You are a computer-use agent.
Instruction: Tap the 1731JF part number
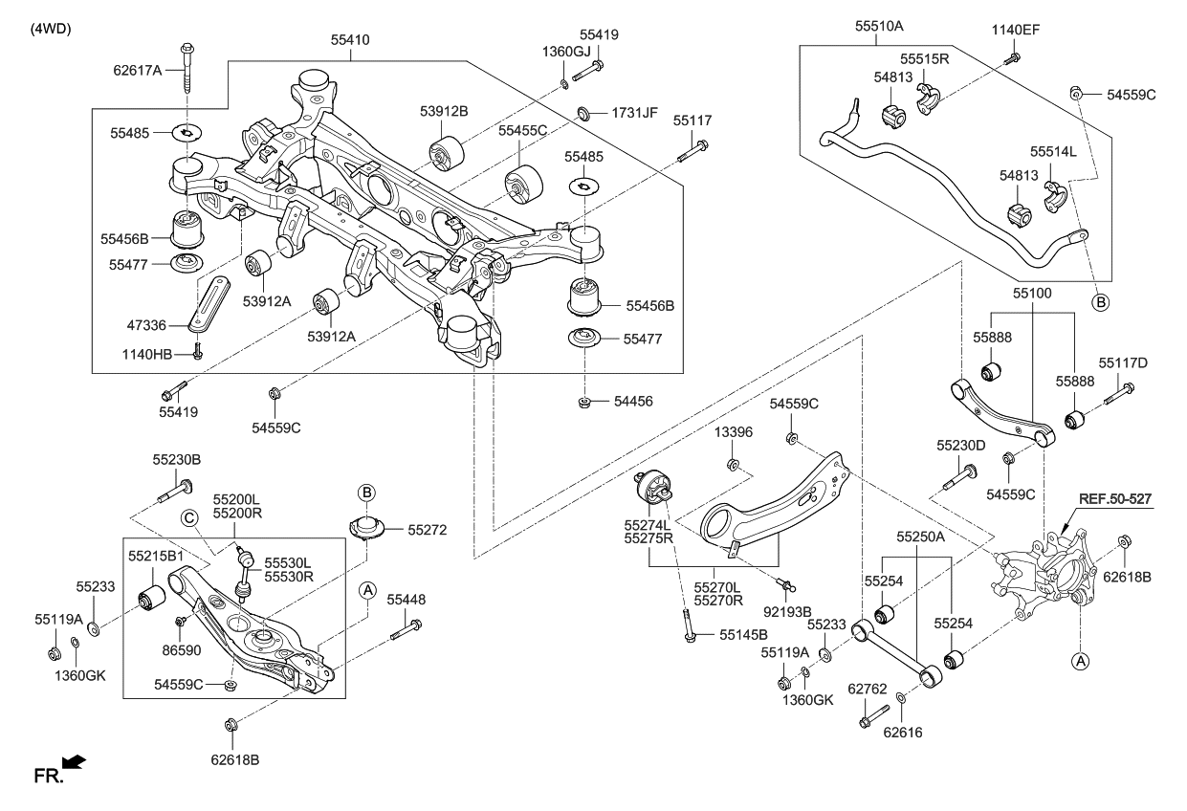tap(636, 113)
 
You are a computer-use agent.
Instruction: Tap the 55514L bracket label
tap(1053, 152)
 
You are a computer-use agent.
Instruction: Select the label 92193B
tap(787, 611)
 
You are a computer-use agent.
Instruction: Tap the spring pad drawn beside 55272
tap(367, 528)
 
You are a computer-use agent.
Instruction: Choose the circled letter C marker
tap(190, 517)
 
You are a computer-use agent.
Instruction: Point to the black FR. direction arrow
tap(75, 763)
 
